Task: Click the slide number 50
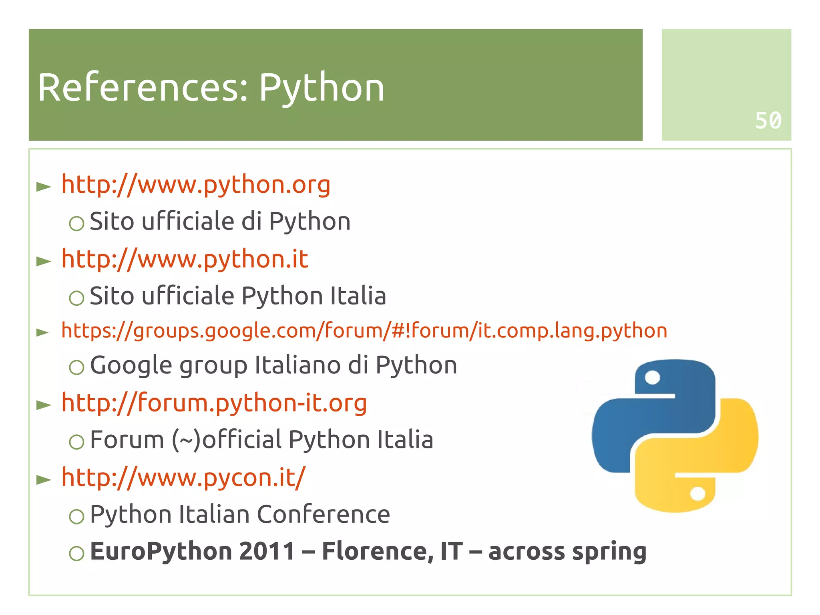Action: [x=768, y=120]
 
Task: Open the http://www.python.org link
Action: [x=196, y=185]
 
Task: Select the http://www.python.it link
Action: [x=185, y=259]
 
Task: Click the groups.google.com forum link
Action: [x=364, y=331]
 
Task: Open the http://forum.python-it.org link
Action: [x=214, y=403]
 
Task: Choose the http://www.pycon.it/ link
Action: [x=183, y=478]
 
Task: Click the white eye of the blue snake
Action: [x=653, y=377]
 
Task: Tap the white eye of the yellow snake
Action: [x=697, y=493]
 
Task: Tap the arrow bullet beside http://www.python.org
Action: [x=44, y=186]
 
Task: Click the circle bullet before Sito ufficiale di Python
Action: [x=76, y=223]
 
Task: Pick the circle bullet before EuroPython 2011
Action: [x=76, y=553]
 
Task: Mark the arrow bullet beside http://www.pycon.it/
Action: [x=44, y=479]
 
